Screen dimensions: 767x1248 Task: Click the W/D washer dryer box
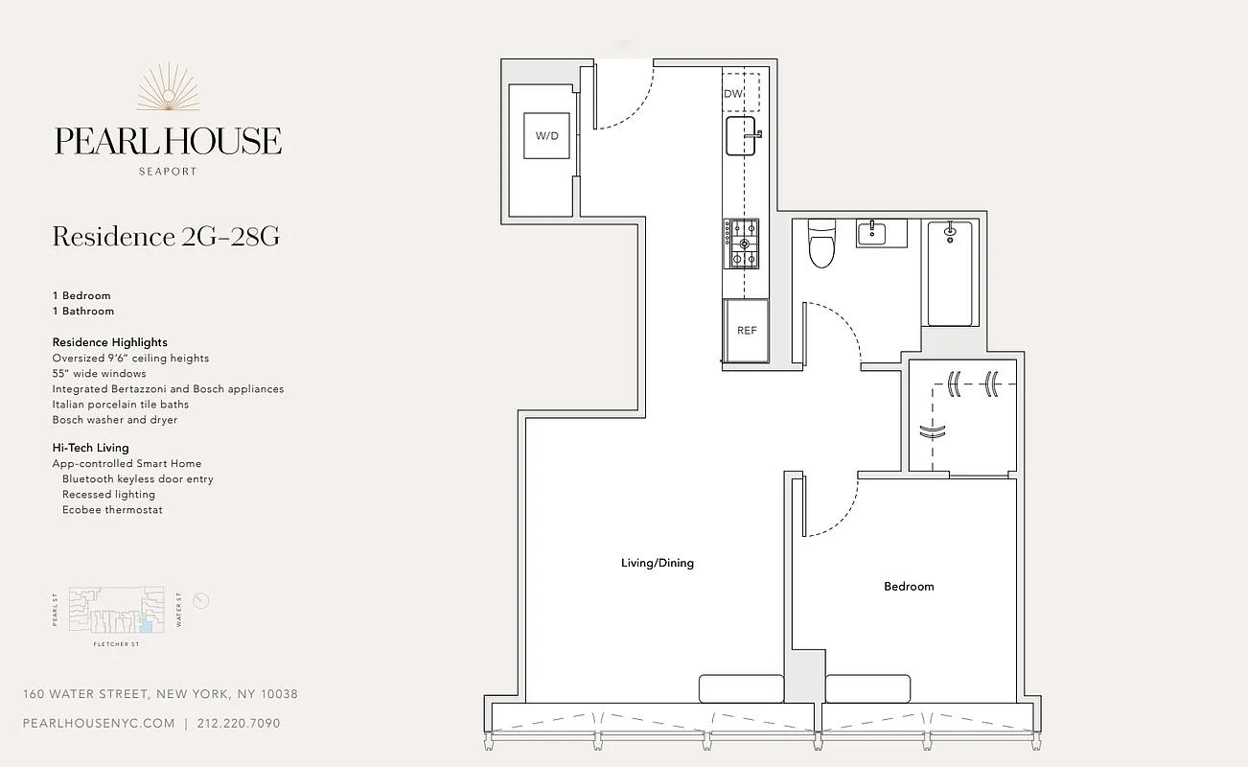pos(546,136)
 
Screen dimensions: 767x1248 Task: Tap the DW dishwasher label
pos(733,93)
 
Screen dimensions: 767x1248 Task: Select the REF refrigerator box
pos(747,330)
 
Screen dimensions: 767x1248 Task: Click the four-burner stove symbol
pos(741,243)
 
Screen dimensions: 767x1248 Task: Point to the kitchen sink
pos(741,136)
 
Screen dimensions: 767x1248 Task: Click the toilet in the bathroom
pos(821,244)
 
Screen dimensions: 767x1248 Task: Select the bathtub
pos(950,273)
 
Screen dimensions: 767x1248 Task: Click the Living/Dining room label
pos(657,563)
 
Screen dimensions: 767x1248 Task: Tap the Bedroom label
pos(908,586)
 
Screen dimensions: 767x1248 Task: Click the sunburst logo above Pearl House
pos(168,88)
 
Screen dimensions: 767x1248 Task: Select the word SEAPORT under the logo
pos(168,172)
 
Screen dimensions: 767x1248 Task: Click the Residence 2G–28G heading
pos(166,237)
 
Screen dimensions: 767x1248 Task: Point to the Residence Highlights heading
pos(109,342)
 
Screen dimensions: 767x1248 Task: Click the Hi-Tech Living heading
pos(90,448)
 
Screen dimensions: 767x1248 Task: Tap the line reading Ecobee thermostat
pos(112,510)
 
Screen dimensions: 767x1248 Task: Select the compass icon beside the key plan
pos(200,601)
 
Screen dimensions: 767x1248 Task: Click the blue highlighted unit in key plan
pos(147,626)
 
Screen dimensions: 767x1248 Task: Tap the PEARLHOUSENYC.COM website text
pos(99,723)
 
